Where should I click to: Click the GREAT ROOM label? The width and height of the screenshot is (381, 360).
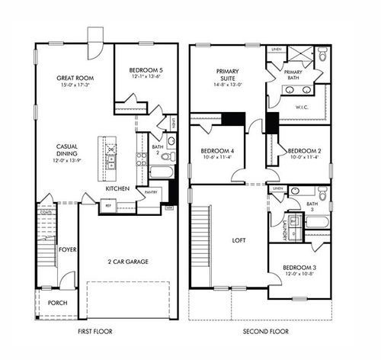(x=75, y=78)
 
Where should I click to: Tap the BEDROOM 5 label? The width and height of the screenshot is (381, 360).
(x=146, y=69)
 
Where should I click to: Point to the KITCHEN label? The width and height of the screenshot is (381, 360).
(x=117, y=188)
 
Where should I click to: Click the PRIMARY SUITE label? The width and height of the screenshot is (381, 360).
(x=229, y=72)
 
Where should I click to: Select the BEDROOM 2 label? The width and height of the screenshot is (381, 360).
(x=304, y=151)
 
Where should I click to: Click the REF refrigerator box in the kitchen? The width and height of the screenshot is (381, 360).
(x=108, y=205)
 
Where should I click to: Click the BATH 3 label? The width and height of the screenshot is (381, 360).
(x=312, y=207)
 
